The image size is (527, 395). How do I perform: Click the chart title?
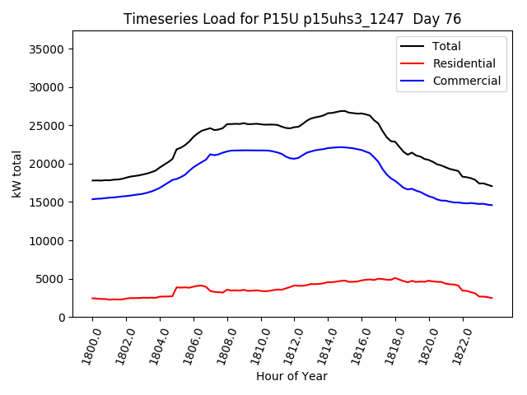coord(292,19)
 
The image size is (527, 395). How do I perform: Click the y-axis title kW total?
coord(16,174)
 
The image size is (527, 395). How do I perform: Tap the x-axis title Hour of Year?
coord(291,376)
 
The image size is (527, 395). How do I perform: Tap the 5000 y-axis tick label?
coord(52,279)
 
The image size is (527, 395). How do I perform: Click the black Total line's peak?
coord(343,110)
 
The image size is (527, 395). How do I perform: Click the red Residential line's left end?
coord(92,298)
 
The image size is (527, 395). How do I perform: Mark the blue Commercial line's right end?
coord(492,205)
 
